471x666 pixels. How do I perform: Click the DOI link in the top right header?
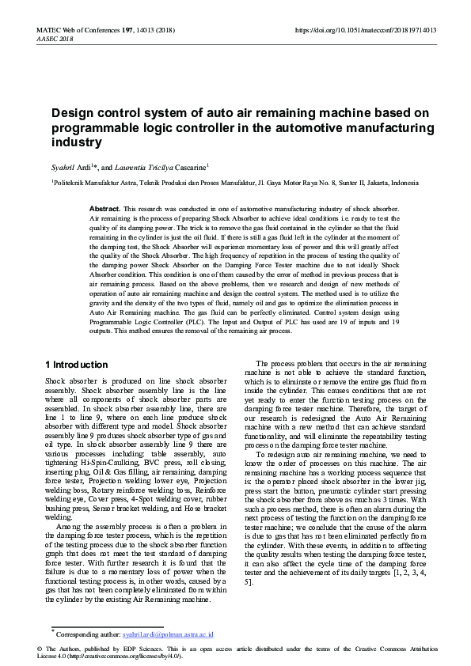(x=366, y=30)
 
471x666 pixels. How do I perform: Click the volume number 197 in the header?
(x=123, y=30)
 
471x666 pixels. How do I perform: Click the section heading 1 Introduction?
(x=77, y=365)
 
